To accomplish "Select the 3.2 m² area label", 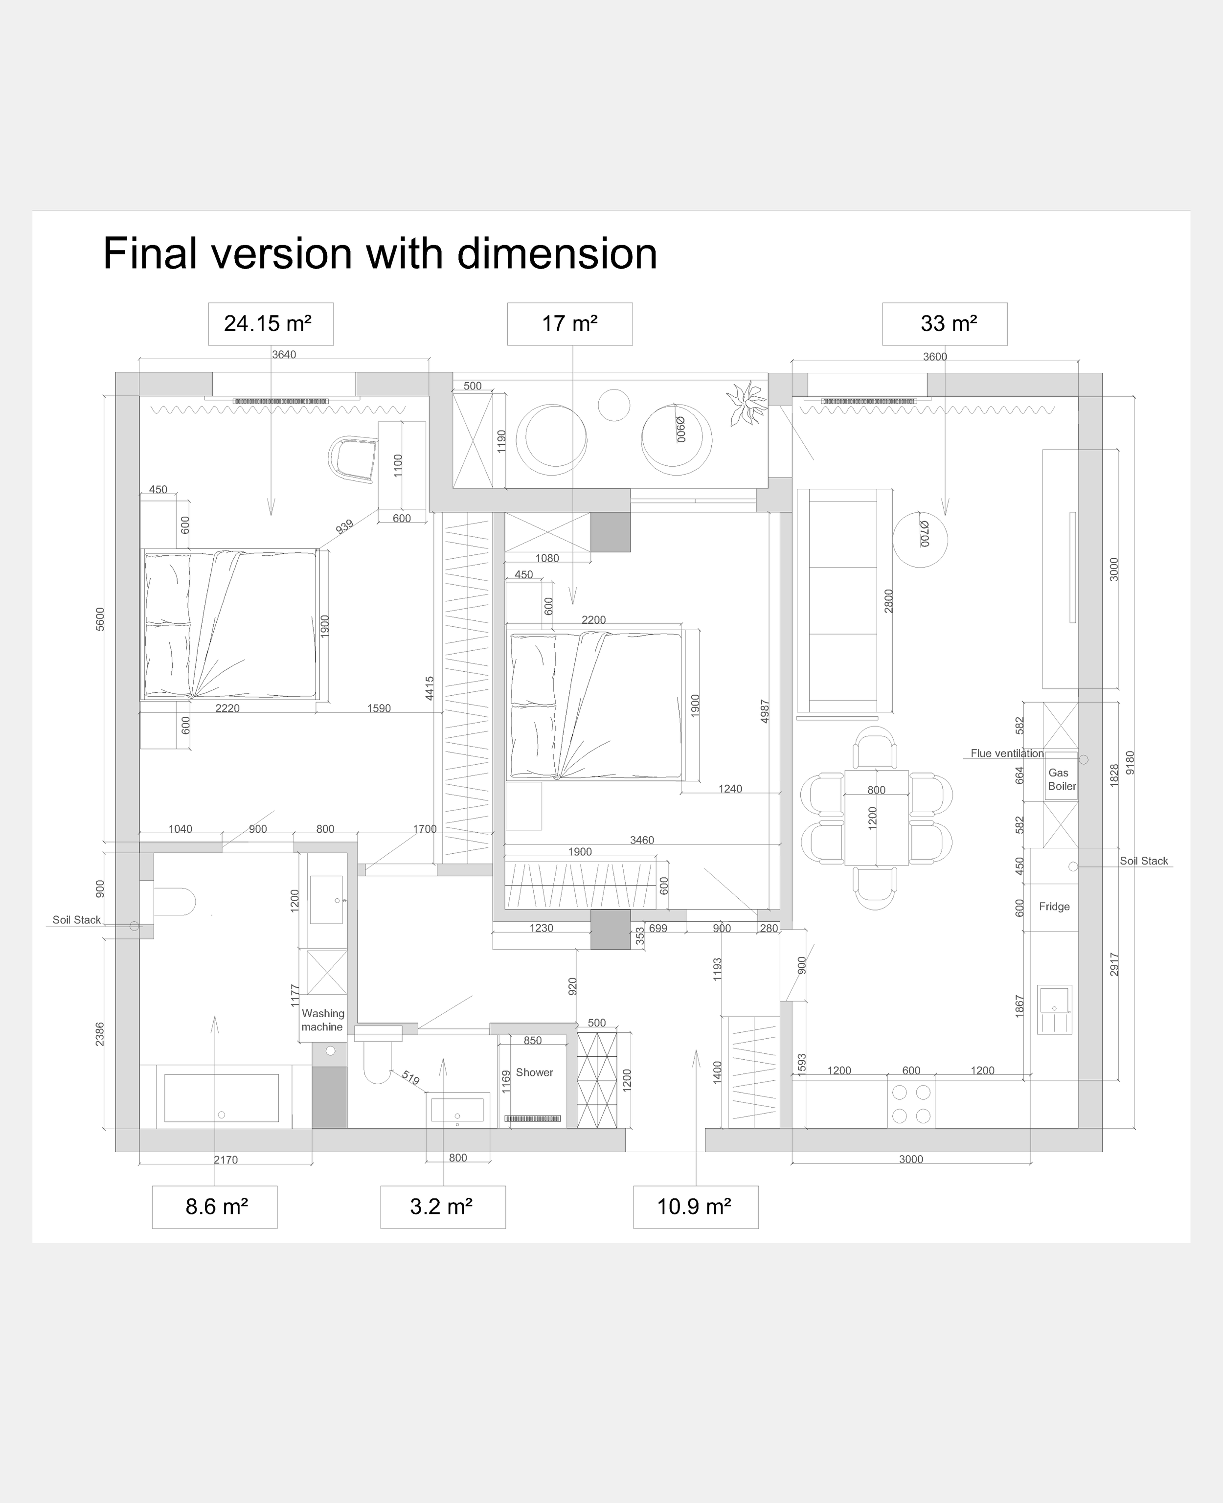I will [x=442, y=1207].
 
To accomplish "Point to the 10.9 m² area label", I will [x=695, y=1207].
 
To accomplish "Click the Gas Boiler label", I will [x=1061, y=779].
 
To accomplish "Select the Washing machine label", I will [x=323, y=1020].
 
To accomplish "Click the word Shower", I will [x=534, y=1072].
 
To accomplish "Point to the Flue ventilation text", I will [x=1007, y=753].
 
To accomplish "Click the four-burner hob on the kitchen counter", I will [x=911, y=1103].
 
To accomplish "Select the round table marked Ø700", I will [x=920, y=539].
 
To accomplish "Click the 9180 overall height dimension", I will [x=1131, y=762].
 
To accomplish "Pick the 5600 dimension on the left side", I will [x=100, y=619].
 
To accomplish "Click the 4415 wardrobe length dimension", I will [x=430, y=688].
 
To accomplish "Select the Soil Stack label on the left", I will [x=77, y=919].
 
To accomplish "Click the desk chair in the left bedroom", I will [x=354, y=459].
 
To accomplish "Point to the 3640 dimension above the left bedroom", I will [x=284, y=354].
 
